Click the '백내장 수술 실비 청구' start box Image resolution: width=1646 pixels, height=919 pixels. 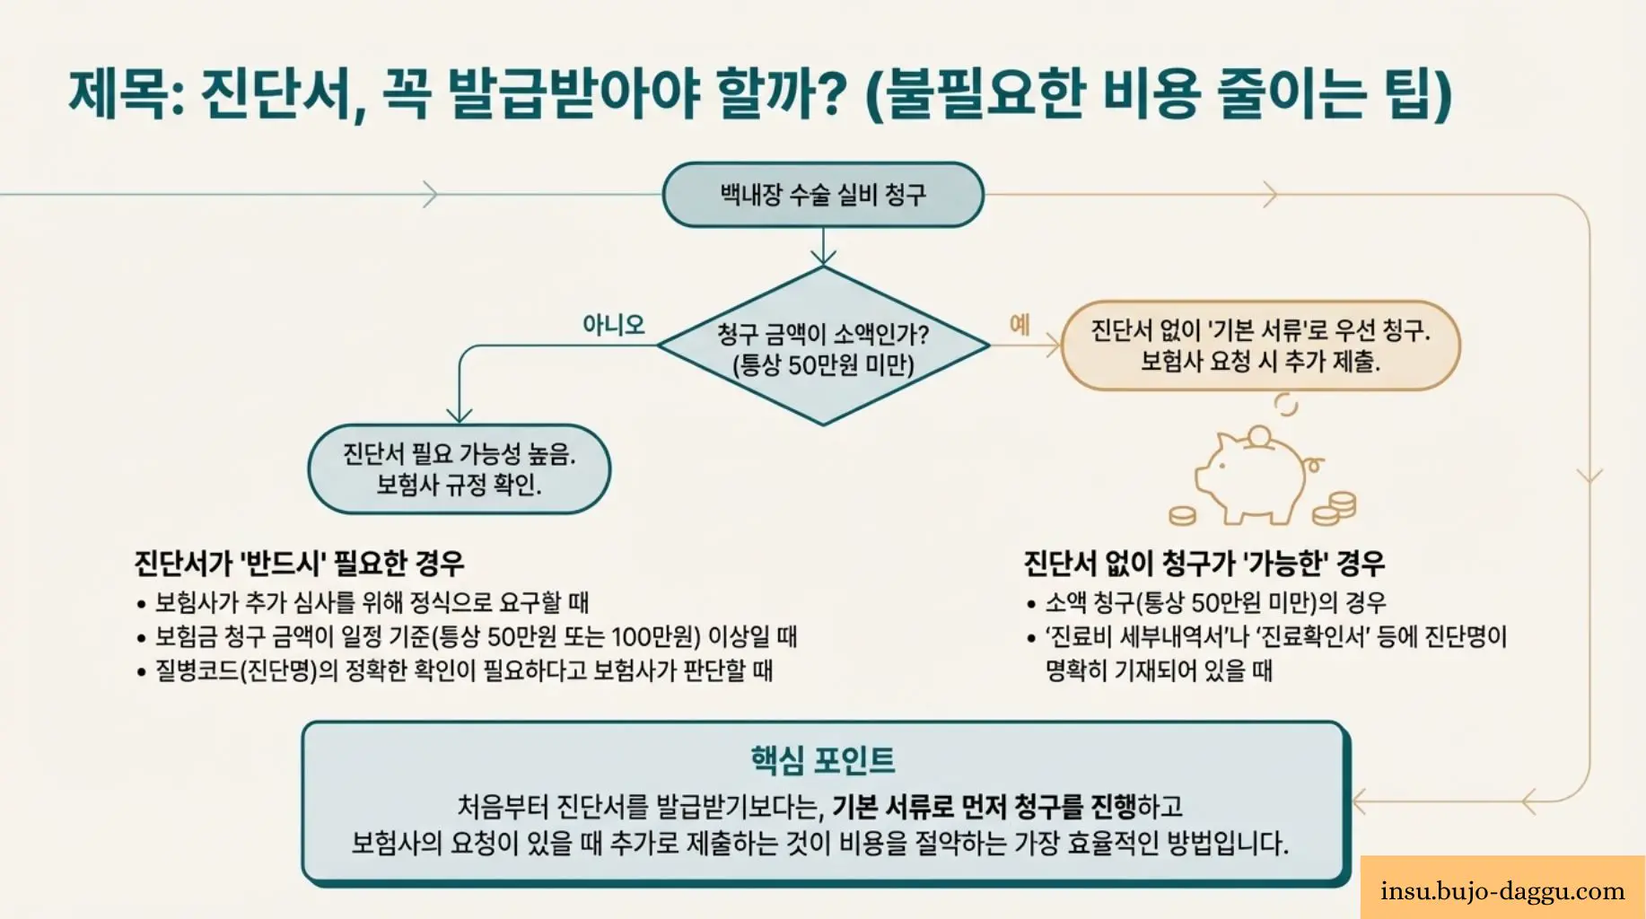point(823,195)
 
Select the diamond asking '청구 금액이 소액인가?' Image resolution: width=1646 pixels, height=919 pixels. point(823,348)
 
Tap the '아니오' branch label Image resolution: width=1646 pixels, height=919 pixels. point(614,324)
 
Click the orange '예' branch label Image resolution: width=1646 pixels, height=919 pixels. point(1020,324)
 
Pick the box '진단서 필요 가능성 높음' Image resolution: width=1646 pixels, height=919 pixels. point(459,469)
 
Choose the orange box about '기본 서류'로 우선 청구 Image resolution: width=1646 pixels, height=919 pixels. point(1260,346)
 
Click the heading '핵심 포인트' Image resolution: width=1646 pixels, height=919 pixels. point(823,760)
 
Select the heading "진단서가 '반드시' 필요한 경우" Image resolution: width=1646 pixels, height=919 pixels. point(299,564)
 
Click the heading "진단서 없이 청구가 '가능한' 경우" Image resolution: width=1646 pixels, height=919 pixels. point(1204,564)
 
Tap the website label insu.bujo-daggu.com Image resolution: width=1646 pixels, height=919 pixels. point(1502,891)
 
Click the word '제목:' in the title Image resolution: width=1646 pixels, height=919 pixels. point(126,94)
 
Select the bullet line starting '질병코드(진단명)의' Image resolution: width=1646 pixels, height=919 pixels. point(463,670)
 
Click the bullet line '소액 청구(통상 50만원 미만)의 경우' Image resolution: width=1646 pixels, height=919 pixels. point(1215,602)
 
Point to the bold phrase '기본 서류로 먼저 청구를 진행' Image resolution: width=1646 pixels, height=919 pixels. point(984,807)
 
